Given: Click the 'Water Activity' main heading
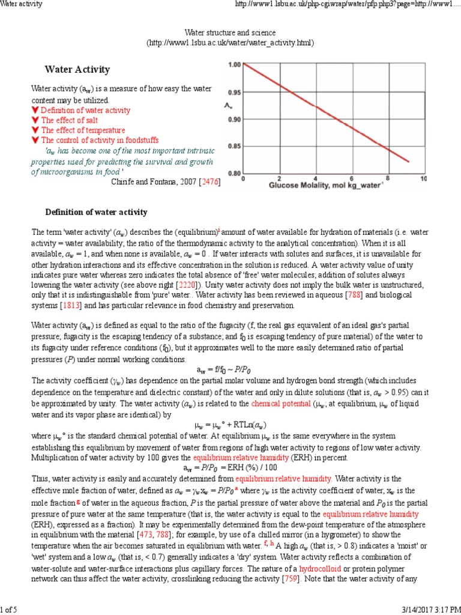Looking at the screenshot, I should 77,70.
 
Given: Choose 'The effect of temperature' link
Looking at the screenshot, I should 83,130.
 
